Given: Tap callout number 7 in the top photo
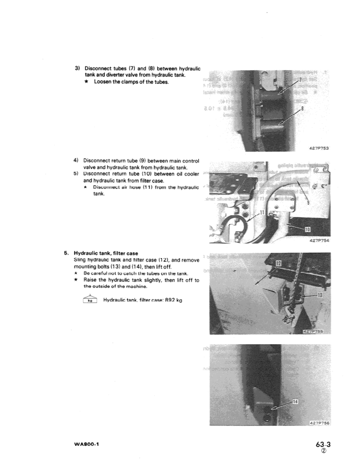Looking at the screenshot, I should pos(302,80).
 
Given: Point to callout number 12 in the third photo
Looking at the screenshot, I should pos(279,264).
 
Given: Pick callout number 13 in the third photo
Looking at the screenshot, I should pos(319,295).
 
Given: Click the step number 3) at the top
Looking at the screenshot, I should pos(77,67).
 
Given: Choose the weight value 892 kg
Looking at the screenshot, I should pos(171,300).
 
